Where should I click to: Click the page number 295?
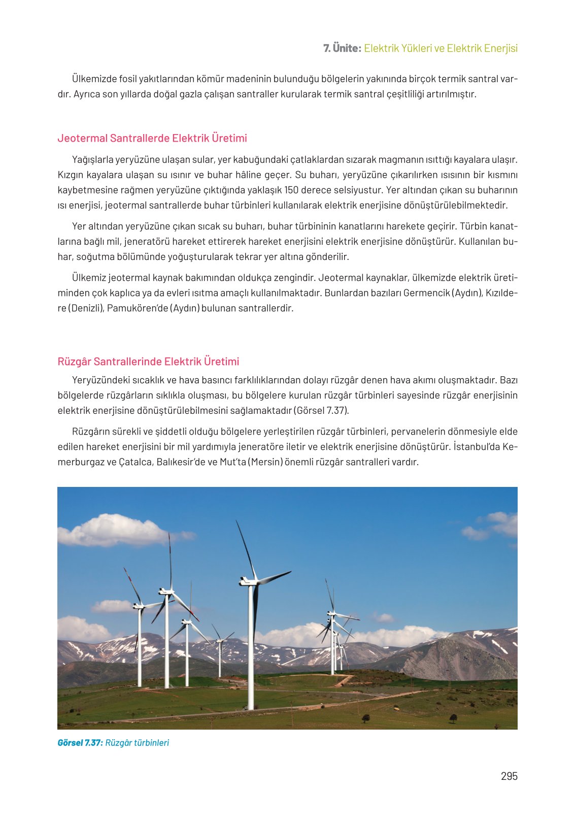pyautogui.click(x=509, y=776)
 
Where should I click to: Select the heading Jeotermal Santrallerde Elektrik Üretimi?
pyautogui.click(x=152, y=138)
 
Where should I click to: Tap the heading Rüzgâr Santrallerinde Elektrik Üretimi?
pyautogui.click(x=148, y=362)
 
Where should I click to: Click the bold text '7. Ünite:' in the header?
pyautogui.click(x=342, y=48)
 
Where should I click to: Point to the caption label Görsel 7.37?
pyautogui.click(x=80, y=743)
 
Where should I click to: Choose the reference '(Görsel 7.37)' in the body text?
pyautogui.click(x=321, y=411)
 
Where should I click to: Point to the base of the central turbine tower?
pyautogui.click(x=250, y=707)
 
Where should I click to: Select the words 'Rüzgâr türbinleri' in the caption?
pyautogui.click(x=137, y=743)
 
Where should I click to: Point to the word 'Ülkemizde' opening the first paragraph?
pyautogui.click(x=94, y=79)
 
